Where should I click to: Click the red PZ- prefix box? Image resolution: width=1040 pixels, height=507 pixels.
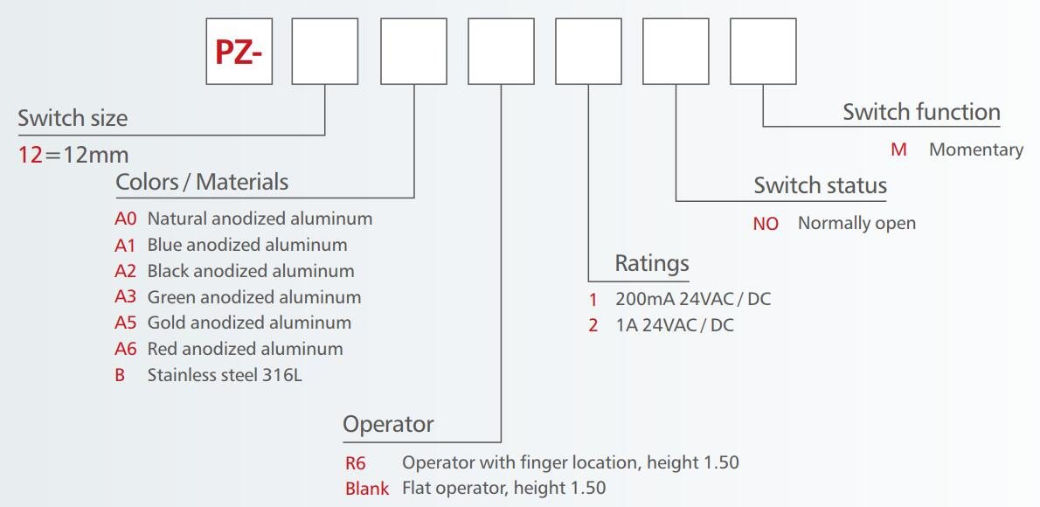(x=239, y=52)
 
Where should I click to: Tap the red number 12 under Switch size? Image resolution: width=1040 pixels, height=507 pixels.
(x=31, y=156)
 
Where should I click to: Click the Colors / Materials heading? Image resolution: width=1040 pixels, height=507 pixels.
(x=202, y=182)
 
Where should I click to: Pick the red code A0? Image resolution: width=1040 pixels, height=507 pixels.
(x=126, y=219)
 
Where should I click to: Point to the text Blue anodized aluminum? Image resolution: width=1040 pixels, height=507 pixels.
(x=246, y=245)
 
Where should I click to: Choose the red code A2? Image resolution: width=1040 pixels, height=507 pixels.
(x=126, y=271)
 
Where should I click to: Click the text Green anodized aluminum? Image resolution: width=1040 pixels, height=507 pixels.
(x=253, y=297)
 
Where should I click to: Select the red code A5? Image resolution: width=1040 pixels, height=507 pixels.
(x=126, y=323)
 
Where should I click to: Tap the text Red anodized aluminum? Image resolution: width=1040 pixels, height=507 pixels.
(x=245, y=349)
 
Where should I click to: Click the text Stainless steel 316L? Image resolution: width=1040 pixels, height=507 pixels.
(x=225, y=375)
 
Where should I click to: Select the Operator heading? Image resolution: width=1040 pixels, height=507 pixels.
(x=388, y=425)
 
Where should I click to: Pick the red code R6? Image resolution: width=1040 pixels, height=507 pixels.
(x=356, y=463)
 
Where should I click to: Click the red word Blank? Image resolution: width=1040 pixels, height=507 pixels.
(x=367, y=489)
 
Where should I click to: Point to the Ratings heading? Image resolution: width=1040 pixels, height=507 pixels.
(x=652, y=263)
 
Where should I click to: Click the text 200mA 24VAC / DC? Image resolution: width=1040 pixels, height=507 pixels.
(x=693, y=300)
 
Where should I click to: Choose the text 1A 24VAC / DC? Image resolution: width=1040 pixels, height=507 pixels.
(x=675, y=326)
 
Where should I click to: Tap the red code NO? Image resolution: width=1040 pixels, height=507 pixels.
(x=766, y=224)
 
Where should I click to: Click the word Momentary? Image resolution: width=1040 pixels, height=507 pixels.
(x=975, y=149)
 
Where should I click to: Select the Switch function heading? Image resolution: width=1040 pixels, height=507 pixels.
(x=921, y=112)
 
